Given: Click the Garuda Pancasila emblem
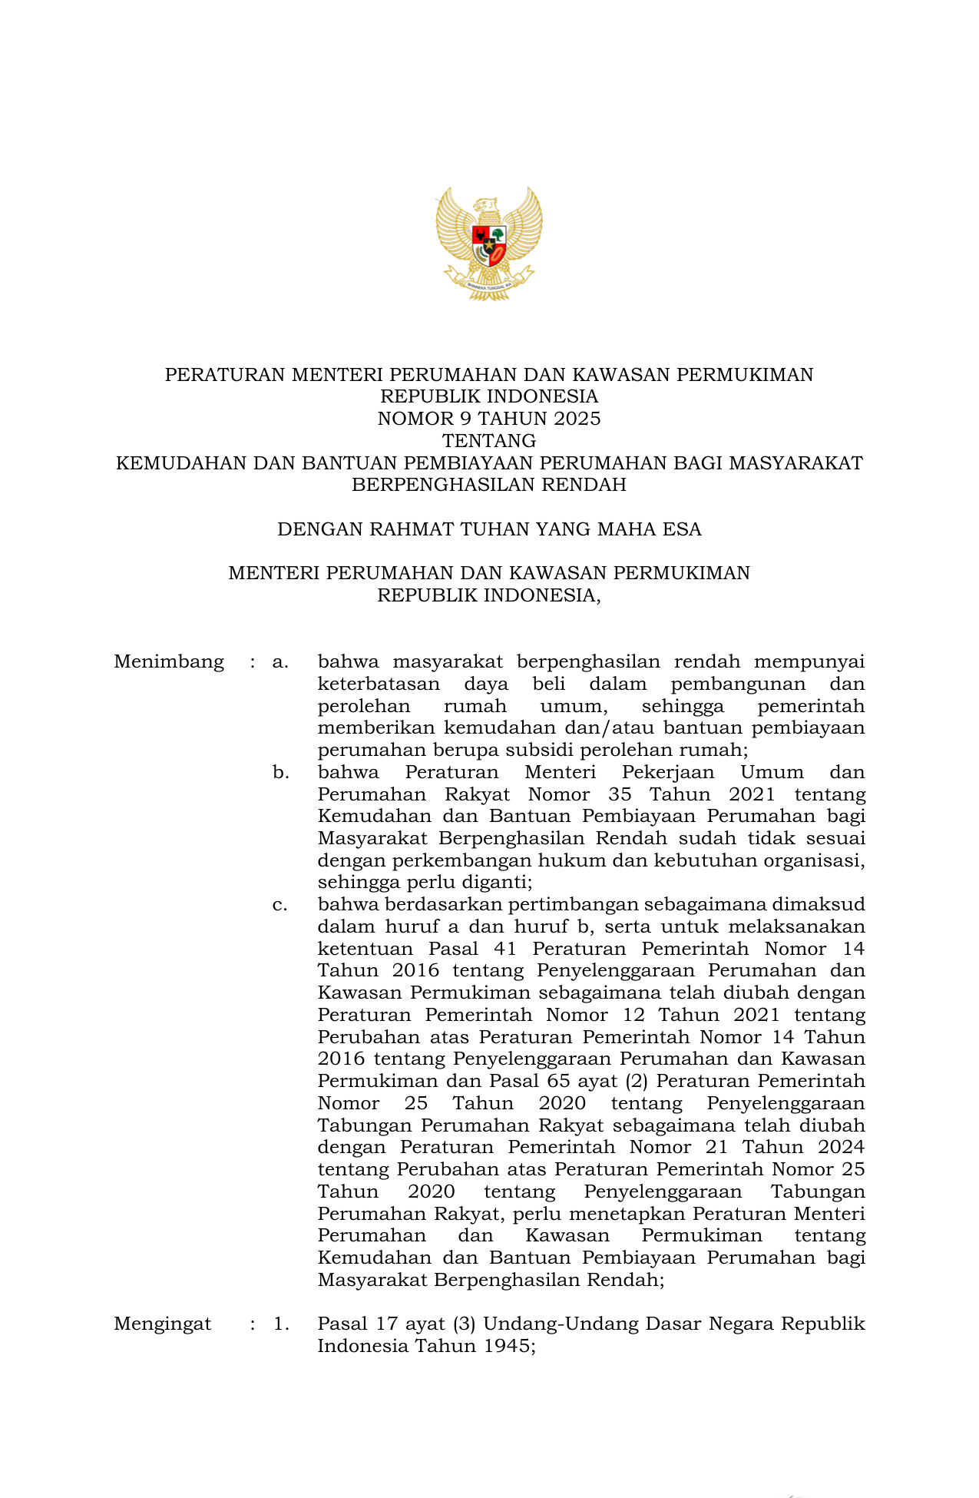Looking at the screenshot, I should click(489, 243).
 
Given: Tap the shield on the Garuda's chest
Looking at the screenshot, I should click(489, 244).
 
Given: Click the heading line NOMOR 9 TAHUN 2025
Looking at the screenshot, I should click(489, 419).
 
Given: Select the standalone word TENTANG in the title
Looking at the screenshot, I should click(489, 441).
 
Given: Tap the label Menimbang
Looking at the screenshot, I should click(169, 661).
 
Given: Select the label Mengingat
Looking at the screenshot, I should click(163, 1324).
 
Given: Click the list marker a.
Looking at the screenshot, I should click(280, 661).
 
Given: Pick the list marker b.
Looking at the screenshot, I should click(280, 772).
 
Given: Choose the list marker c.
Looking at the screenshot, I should click(280, 905).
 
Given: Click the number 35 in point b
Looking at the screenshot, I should click(620, 794).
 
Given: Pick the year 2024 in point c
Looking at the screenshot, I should click(841, 1148).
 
